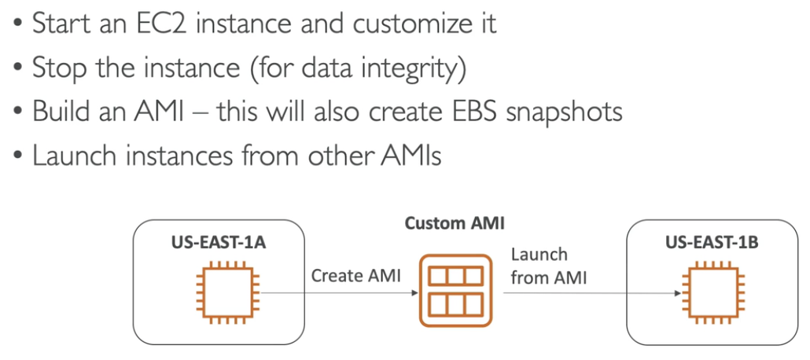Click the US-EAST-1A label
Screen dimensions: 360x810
219,243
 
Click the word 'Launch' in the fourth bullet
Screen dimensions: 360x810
72,155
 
